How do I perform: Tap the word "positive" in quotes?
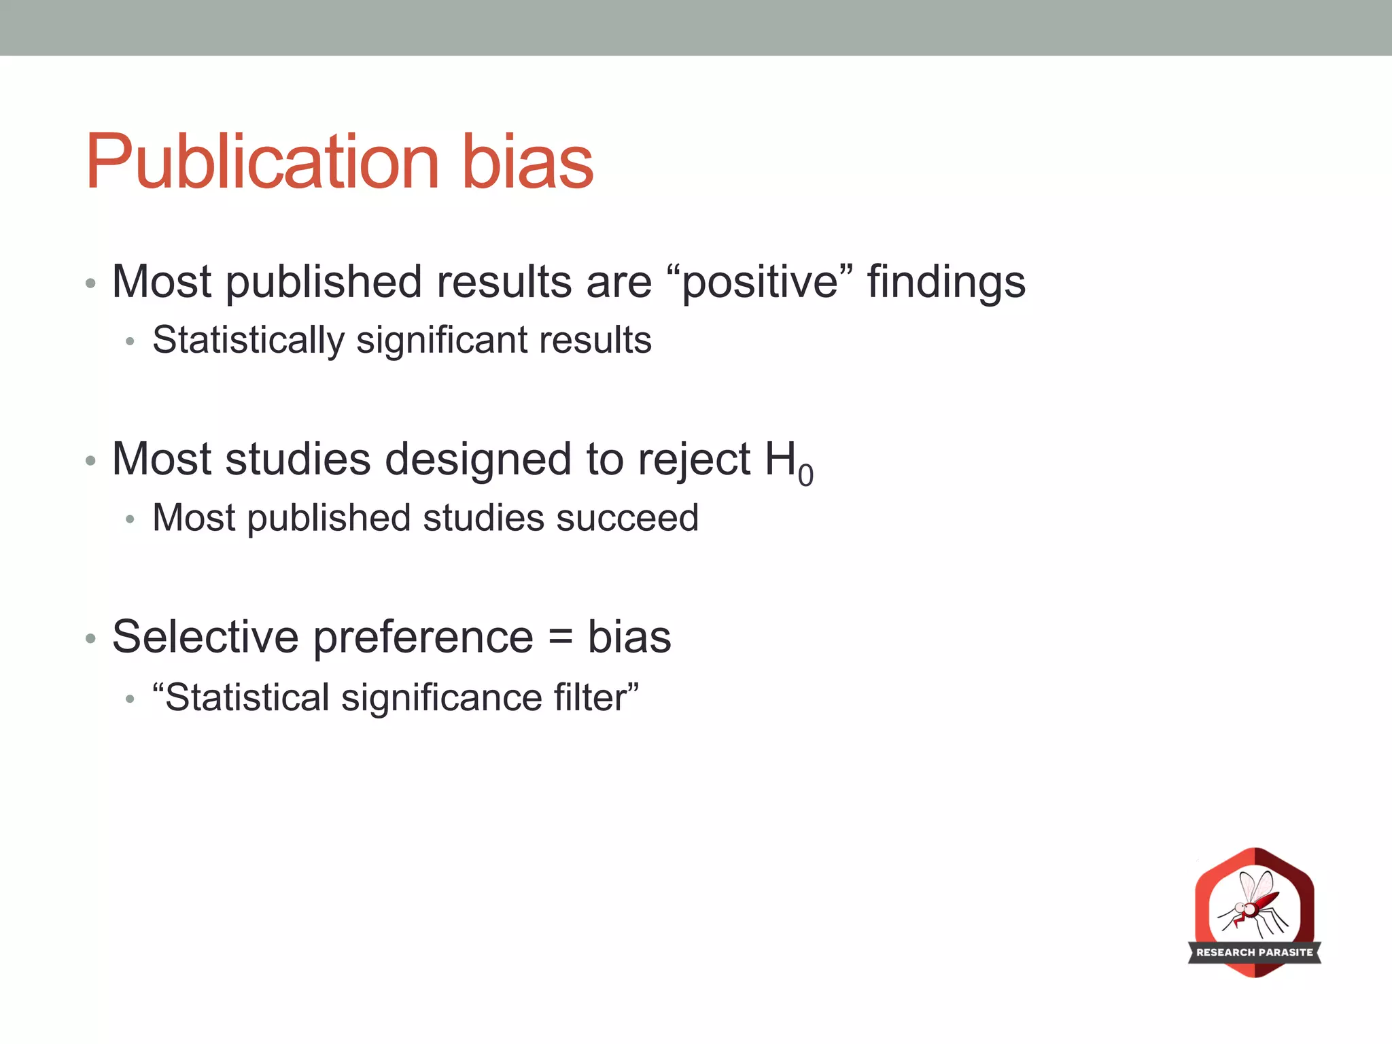(x=759, y=281)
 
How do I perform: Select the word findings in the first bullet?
(x=946, y=283)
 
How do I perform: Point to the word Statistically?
(x=248, y=341)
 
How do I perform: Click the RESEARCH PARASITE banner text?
(x=1254, y=952)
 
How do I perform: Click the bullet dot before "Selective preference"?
(x=90, y=639)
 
